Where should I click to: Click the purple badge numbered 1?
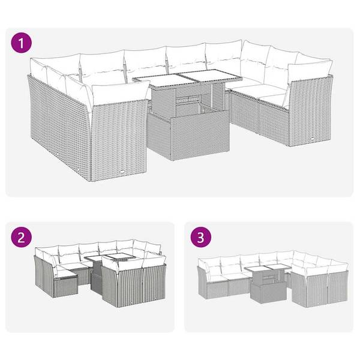(22, 43)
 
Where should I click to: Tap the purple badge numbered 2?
(22, 238)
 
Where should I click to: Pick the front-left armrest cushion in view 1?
(120, 94)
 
